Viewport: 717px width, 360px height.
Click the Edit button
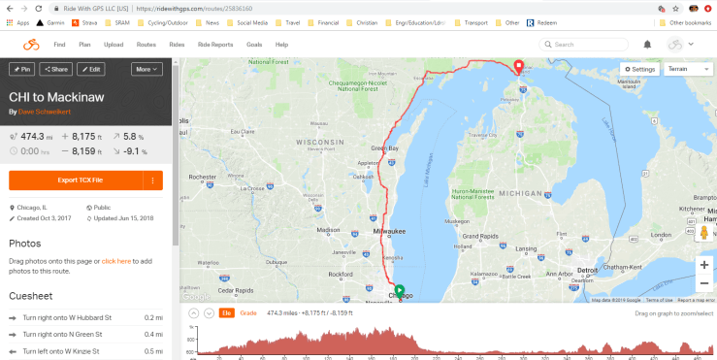91,69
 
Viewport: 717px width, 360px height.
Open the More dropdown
147,69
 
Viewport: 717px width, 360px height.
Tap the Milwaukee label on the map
390,232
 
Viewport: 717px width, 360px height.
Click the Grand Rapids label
480,236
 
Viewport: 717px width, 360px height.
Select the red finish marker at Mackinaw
518,66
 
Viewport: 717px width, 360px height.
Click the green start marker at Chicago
399,288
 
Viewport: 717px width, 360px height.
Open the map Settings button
640,70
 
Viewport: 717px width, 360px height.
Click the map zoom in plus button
703,265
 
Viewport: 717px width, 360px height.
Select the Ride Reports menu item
214,45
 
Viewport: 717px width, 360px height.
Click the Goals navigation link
254,45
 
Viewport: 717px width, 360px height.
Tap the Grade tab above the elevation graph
248,312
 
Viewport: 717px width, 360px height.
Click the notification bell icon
647,44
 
